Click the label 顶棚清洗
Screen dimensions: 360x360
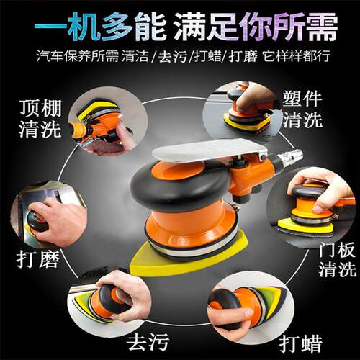point(40,119)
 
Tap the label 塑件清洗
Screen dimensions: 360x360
point(302,109)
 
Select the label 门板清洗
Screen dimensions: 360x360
point(337,259)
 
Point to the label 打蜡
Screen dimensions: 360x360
point(300,343)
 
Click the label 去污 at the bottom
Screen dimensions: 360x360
point(148,341)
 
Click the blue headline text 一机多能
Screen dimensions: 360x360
point(100,26)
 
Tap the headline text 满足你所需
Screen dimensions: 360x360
point(256,26)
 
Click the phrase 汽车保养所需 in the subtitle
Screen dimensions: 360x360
point(78,55)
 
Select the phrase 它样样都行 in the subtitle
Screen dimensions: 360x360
point(297,55)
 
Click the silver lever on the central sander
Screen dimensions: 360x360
point(210,150)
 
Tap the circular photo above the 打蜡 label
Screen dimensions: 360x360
point(251,309)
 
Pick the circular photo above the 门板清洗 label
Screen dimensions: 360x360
point(311,207)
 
